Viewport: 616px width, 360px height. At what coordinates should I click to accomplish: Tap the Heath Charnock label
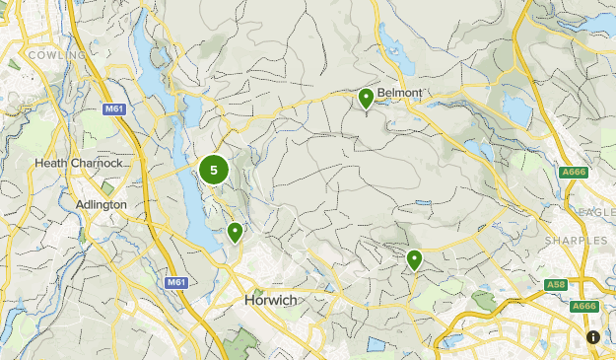pos(78,163)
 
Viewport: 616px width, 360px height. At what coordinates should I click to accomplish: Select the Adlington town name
pos(102,204)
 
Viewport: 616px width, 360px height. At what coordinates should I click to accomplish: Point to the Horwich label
pos(269,299)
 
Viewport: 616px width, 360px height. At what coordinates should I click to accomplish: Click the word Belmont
pos(399,94)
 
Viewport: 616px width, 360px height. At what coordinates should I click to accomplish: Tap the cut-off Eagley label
pos(597,211)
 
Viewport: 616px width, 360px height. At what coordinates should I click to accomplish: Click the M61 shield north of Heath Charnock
pos(115,108)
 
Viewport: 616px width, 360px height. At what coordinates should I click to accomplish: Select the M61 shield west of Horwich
pos(176,282)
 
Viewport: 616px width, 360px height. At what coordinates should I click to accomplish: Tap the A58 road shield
pos(556,286)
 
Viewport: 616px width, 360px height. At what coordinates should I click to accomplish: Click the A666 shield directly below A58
pos(584,307)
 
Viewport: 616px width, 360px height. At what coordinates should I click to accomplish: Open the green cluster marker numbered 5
pos(214,170)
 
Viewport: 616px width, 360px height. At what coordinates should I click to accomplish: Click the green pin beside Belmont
pos(366,98)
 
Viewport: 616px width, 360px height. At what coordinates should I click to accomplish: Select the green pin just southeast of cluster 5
pos(236,232)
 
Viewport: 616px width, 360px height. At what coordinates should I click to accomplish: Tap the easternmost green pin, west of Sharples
pos(415,259)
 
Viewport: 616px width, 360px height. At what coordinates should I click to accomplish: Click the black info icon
pos(592,336)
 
